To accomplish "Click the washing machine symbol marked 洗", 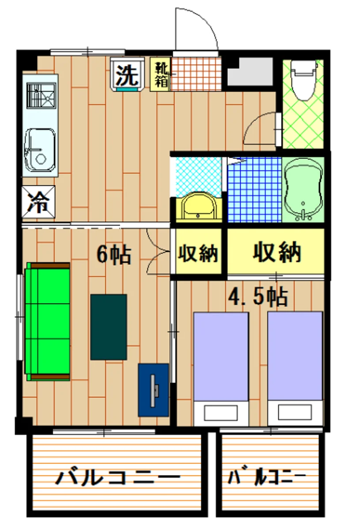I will click(x=127, y=75).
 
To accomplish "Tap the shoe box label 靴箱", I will click(x=160, y=75).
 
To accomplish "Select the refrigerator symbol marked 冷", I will click(x=39, y=202).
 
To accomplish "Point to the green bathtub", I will click(x=304, y=190).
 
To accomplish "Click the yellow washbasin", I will click(x=197, y=206).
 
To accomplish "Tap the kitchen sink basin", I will click(x=40, y=150).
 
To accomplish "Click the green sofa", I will click(x=48, y=321).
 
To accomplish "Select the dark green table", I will click(x=109, y=327).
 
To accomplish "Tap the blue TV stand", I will click(x=153, y=390).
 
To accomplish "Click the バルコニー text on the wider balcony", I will click(x=118, y=478).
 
